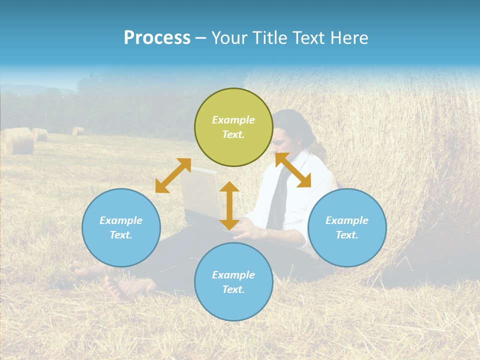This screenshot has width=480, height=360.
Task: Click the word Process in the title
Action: pos(157,38)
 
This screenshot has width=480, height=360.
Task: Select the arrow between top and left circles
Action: pos(173,175)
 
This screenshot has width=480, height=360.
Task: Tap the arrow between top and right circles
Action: pos(293,170)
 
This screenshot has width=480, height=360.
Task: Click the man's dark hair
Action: pos(295,122)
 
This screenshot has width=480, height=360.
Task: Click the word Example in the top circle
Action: pos(233,120)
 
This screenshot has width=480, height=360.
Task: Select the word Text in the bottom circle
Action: pos(233,289)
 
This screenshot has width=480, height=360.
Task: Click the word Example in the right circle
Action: pos(347,220)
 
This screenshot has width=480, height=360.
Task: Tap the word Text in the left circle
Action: pos(120,235)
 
